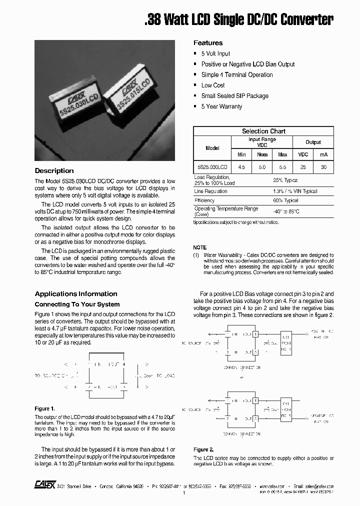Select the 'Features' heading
208,43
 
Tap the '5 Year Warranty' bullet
221,106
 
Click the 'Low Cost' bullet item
213,85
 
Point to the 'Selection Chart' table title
263,131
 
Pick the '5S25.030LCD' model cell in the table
212,167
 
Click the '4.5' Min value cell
241,167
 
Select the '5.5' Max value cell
282,167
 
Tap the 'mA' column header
323,154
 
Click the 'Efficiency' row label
204,200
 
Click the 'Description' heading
54,170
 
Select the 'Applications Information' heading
76,293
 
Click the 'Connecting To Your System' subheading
77,304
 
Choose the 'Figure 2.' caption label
203,449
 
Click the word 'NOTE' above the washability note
199,247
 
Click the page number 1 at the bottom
184,493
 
